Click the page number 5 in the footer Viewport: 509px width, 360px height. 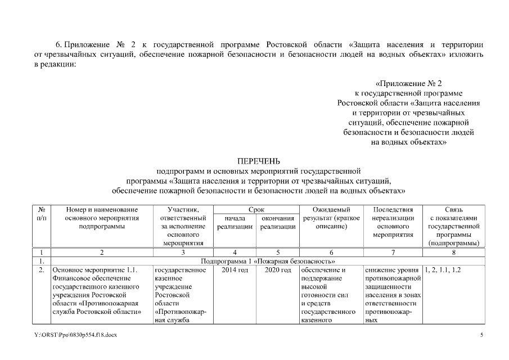point(481,335)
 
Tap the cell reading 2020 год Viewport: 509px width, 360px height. point(278,270)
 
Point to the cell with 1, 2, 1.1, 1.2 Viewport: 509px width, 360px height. point(443,270)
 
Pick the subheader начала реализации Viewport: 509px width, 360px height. point(235,222)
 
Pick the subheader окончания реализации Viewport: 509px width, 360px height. point(278,222)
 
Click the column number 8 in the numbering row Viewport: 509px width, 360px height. point(453,253)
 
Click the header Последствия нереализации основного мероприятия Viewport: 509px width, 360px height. point(393,222)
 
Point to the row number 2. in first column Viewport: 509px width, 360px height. point(41,270)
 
